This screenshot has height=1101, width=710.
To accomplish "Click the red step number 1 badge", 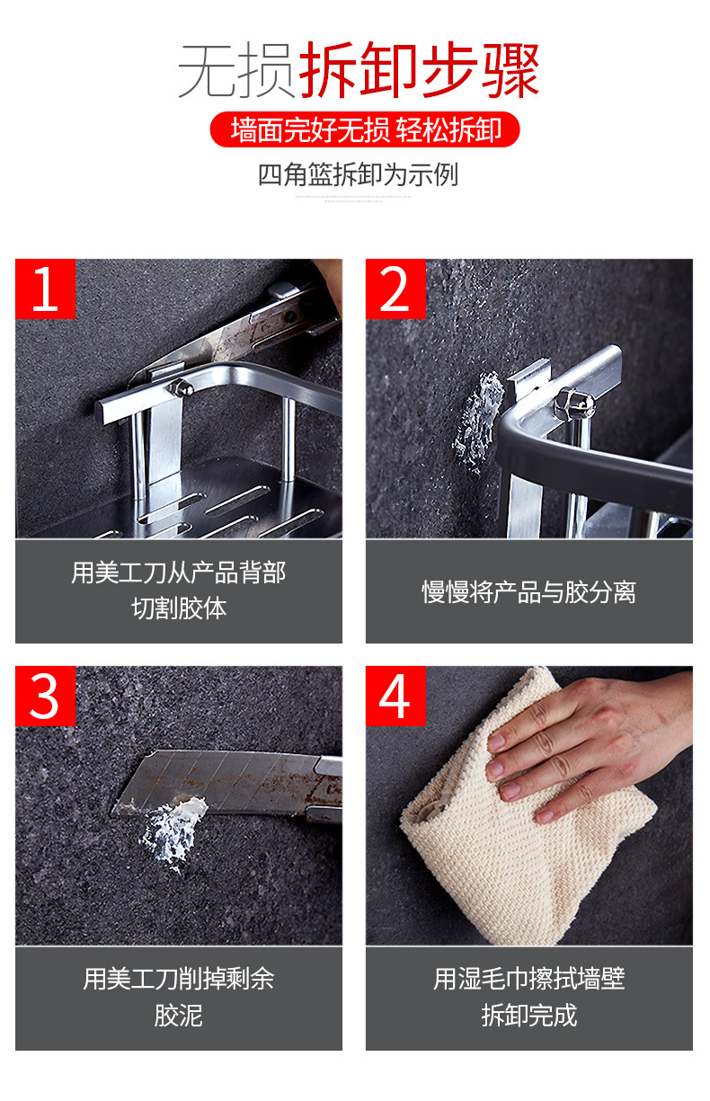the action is (45, 289).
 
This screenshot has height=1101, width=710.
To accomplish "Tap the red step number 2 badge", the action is (395, 289).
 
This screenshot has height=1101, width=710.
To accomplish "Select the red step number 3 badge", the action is (45, 696).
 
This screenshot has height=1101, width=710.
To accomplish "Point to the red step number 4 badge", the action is (395, 696).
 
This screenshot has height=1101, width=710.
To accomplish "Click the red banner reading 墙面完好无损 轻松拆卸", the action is (365, 129).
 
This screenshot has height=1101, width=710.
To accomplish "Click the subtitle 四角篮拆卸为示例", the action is (359, 174).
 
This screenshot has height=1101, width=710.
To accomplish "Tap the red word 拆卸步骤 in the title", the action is (419, 70).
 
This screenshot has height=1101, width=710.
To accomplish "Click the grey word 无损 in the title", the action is (237, 70).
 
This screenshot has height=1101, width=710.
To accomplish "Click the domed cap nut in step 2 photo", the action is (574, 405).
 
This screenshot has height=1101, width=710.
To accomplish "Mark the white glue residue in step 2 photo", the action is (477, 422).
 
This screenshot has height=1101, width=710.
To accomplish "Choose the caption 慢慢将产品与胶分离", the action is (529, 591).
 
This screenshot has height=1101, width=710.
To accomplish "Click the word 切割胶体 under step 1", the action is (179, 608).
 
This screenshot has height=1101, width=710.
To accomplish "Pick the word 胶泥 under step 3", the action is (178, 1016).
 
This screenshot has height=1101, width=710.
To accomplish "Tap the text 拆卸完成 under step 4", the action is (529, 1016).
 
